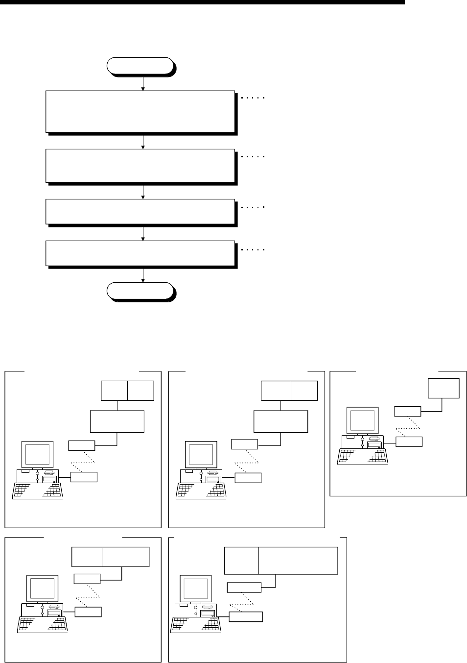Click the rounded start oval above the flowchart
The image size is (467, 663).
pyautogui.click(x=141, y=66)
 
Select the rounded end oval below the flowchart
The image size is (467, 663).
pyautogui.click(x=141, y=291)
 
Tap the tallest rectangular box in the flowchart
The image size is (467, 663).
pyautogui.click(x=140, y=111)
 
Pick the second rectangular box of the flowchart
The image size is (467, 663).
pyautogui.click(x=140, y=166)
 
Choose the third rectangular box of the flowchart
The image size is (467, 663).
pyautogui.click(x=140, y=211)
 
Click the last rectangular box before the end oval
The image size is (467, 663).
pyautogui.click(x=140, y=253)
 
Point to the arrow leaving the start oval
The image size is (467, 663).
pyautogui.click(x=143, y=83)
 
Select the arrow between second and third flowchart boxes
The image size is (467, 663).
pyautogui.click(x=143, y=191)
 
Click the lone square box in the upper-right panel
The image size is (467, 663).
pyautogui.click(x=444, y=388)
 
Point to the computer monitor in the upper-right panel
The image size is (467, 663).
pyautogui.click(x=362, y=420)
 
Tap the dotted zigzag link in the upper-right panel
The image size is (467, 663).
pyautogui.click(x=405, y=426)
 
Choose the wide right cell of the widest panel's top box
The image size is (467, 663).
pyautogui.click(x=298, y=561)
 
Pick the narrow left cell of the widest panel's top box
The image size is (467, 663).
pyautogui.click(x=241, y=561)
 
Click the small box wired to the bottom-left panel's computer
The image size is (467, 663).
pyautogui.click(x=88, y=612)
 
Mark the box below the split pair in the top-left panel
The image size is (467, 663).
pyautogui.click(x=117, y=421)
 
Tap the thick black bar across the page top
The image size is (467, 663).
pyautogui.click(x=203, y=2)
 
